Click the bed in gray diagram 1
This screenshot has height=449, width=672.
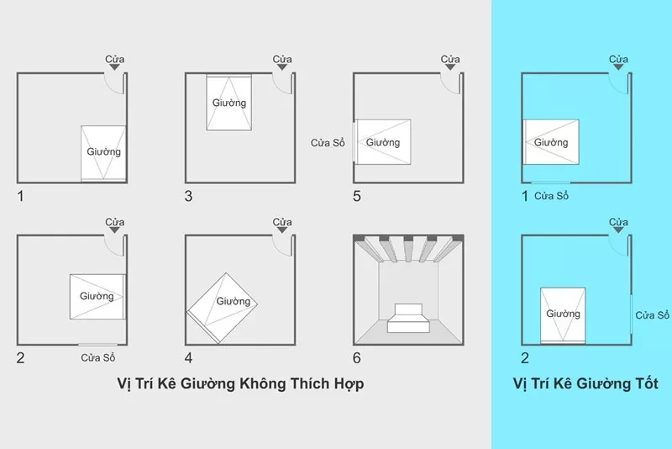click(103, 153)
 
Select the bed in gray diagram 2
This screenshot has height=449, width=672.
click(97, 297)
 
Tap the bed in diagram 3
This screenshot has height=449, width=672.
click(229, 103)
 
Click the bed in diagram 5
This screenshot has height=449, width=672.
click(382, 141)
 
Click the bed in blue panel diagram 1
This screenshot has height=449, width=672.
click(551, 141)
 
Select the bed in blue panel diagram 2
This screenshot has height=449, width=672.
click(563, 314)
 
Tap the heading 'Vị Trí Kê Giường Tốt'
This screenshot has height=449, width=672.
click(585, 383)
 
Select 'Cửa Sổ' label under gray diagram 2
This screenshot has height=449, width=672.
click(98, 358)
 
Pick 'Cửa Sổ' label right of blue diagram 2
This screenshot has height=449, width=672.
click(652, 315)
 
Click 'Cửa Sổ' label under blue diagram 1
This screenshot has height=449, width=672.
click(552, 196)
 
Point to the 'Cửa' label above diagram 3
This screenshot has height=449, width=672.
click(282, 59)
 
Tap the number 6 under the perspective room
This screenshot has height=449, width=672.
click(357, 357)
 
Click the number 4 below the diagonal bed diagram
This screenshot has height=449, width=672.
click(189, 357)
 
